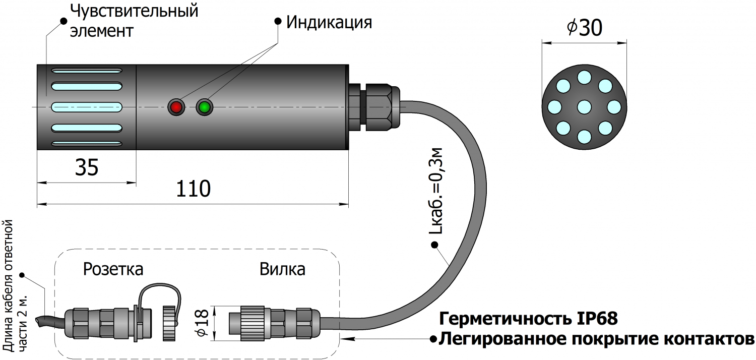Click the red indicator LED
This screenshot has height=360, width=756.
[x=176, y=107]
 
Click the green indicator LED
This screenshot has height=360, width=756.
[x=205, y=107]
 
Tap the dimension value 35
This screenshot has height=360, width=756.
[x=86, y=167]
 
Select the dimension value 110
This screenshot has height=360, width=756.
[x=193, y=189]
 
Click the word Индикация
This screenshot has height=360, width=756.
[x=329, y=22]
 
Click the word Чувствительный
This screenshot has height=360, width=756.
[x=134, y=11]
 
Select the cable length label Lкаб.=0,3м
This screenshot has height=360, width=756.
[x=437, y=191]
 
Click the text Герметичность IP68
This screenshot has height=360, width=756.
[x=528, y=319]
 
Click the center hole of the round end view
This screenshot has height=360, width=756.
[x=584, y=107]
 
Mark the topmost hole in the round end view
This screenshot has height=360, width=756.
[x=584, y=77]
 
